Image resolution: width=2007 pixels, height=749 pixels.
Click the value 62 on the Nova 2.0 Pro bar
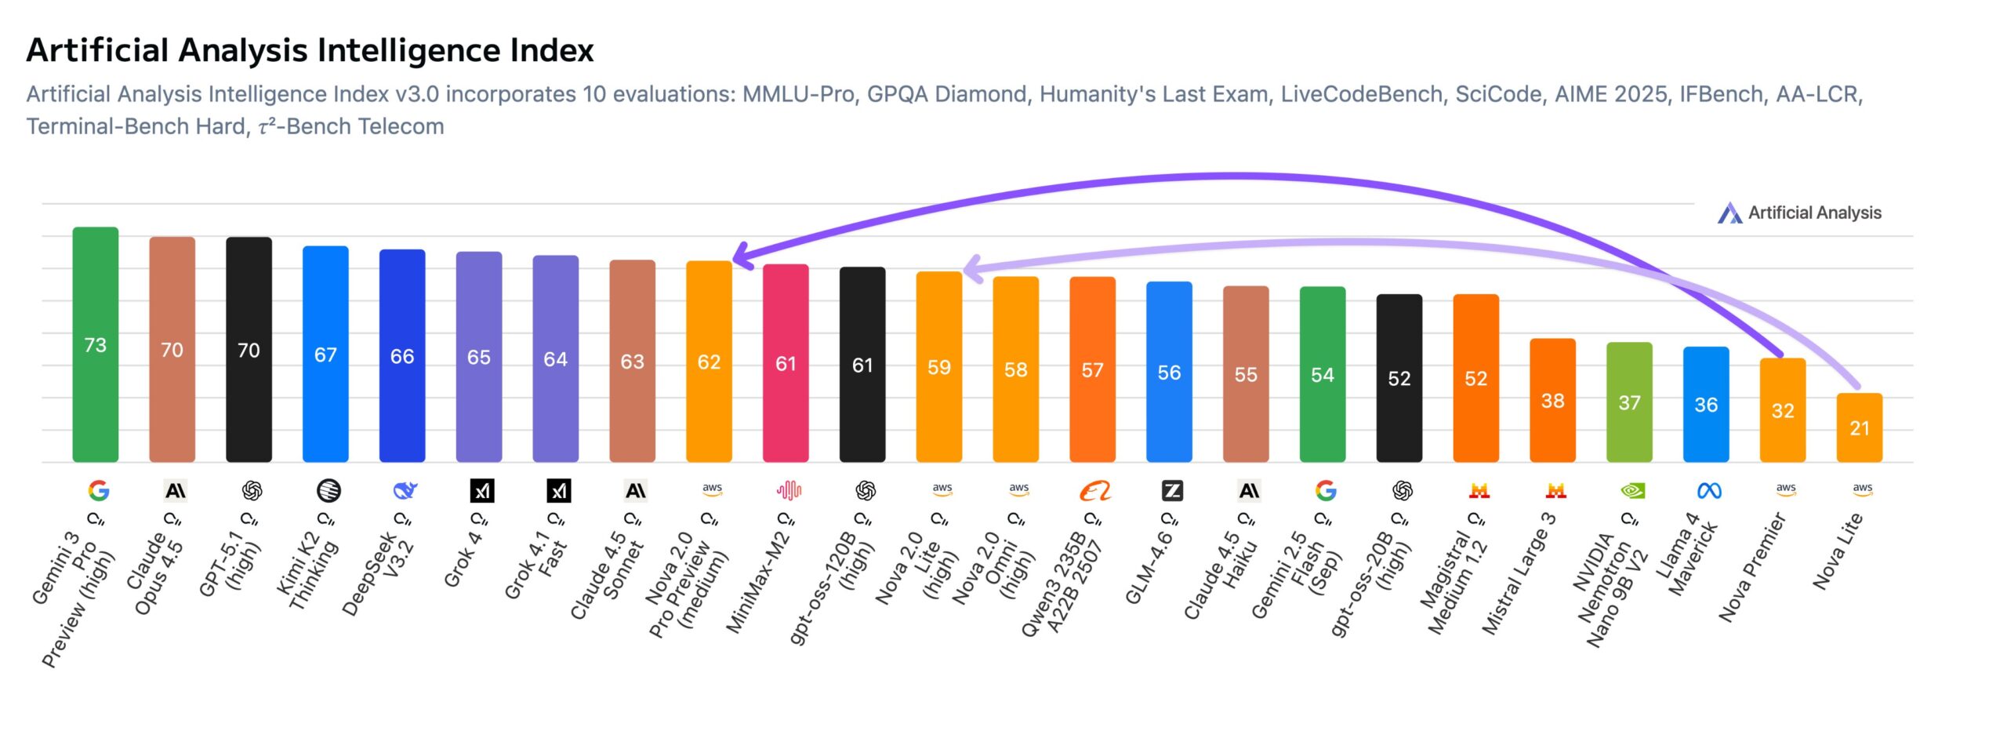(x=709, y=362)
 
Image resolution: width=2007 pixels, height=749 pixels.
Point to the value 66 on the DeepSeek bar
(x=402, y=357)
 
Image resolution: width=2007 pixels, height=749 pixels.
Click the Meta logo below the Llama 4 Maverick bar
(x=1709, y=491)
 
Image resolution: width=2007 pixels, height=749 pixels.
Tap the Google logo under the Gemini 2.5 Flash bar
(x=1326, y=491)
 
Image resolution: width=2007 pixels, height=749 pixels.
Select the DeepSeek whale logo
(x=405, y=491)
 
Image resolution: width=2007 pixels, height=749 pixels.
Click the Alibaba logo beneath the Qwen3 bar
(x=1094, y=491)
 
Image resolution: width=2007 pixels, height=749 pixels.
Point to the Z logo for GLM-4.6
(x=1171, y=491)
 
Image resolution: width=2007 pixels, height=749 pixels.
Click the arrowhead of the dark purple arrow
(x=740, y=256)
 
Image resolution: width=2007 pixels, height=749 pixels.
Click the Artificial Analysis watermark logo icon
(x=1729, y=213)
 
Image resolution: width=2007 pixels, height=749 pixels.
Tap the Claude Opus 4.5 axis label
(x=157, y=573)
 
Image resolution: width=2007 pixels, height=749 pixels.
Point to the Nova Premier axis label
(x=1751, y=568)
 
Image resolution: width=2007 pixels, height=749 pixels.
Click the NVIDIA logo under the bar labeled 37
(x=1632, y=491)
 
